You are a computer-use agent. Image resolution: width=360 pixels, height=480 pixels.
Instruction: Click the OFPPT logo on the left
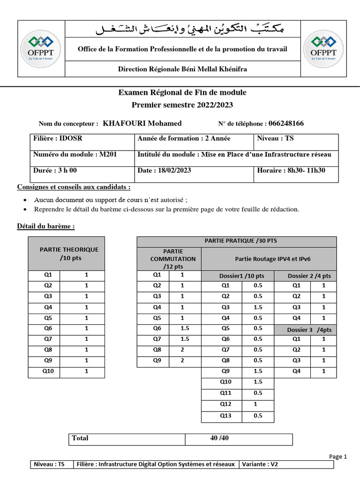(x=41, y=48)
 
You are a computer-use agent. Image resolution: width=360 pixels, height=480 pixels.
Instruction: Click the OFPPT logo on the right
(x=323, y=48)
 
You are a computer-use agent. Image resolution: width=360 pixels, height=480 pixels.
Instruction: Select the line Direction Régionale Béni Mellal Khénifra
(x=182, y=69)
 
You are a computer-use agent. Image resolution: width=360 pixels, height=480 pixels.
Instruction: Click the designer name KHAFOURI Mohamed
(x=142, y=123)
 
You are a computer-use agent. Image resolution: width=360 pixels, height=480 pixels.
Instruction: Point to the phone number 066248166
(x=286, y=123)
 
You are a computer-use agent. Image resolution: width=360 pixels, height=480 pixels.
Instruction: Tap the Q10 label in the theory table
(x=48, y=372)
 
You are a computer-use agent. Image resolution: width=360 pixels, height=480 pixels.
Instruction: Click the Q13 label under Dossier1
(x=225, y=415)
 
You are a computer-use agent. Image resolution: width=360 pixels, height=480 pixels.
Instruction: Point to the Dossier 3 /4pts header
(x=309, y=330)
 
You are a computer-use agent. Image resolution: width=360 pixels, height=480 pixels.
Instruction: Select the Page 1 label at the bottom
(x=337, y=456)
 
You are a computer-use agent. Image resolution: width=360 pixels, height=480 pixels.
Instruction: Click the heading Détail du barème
(x=46, y=226)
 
